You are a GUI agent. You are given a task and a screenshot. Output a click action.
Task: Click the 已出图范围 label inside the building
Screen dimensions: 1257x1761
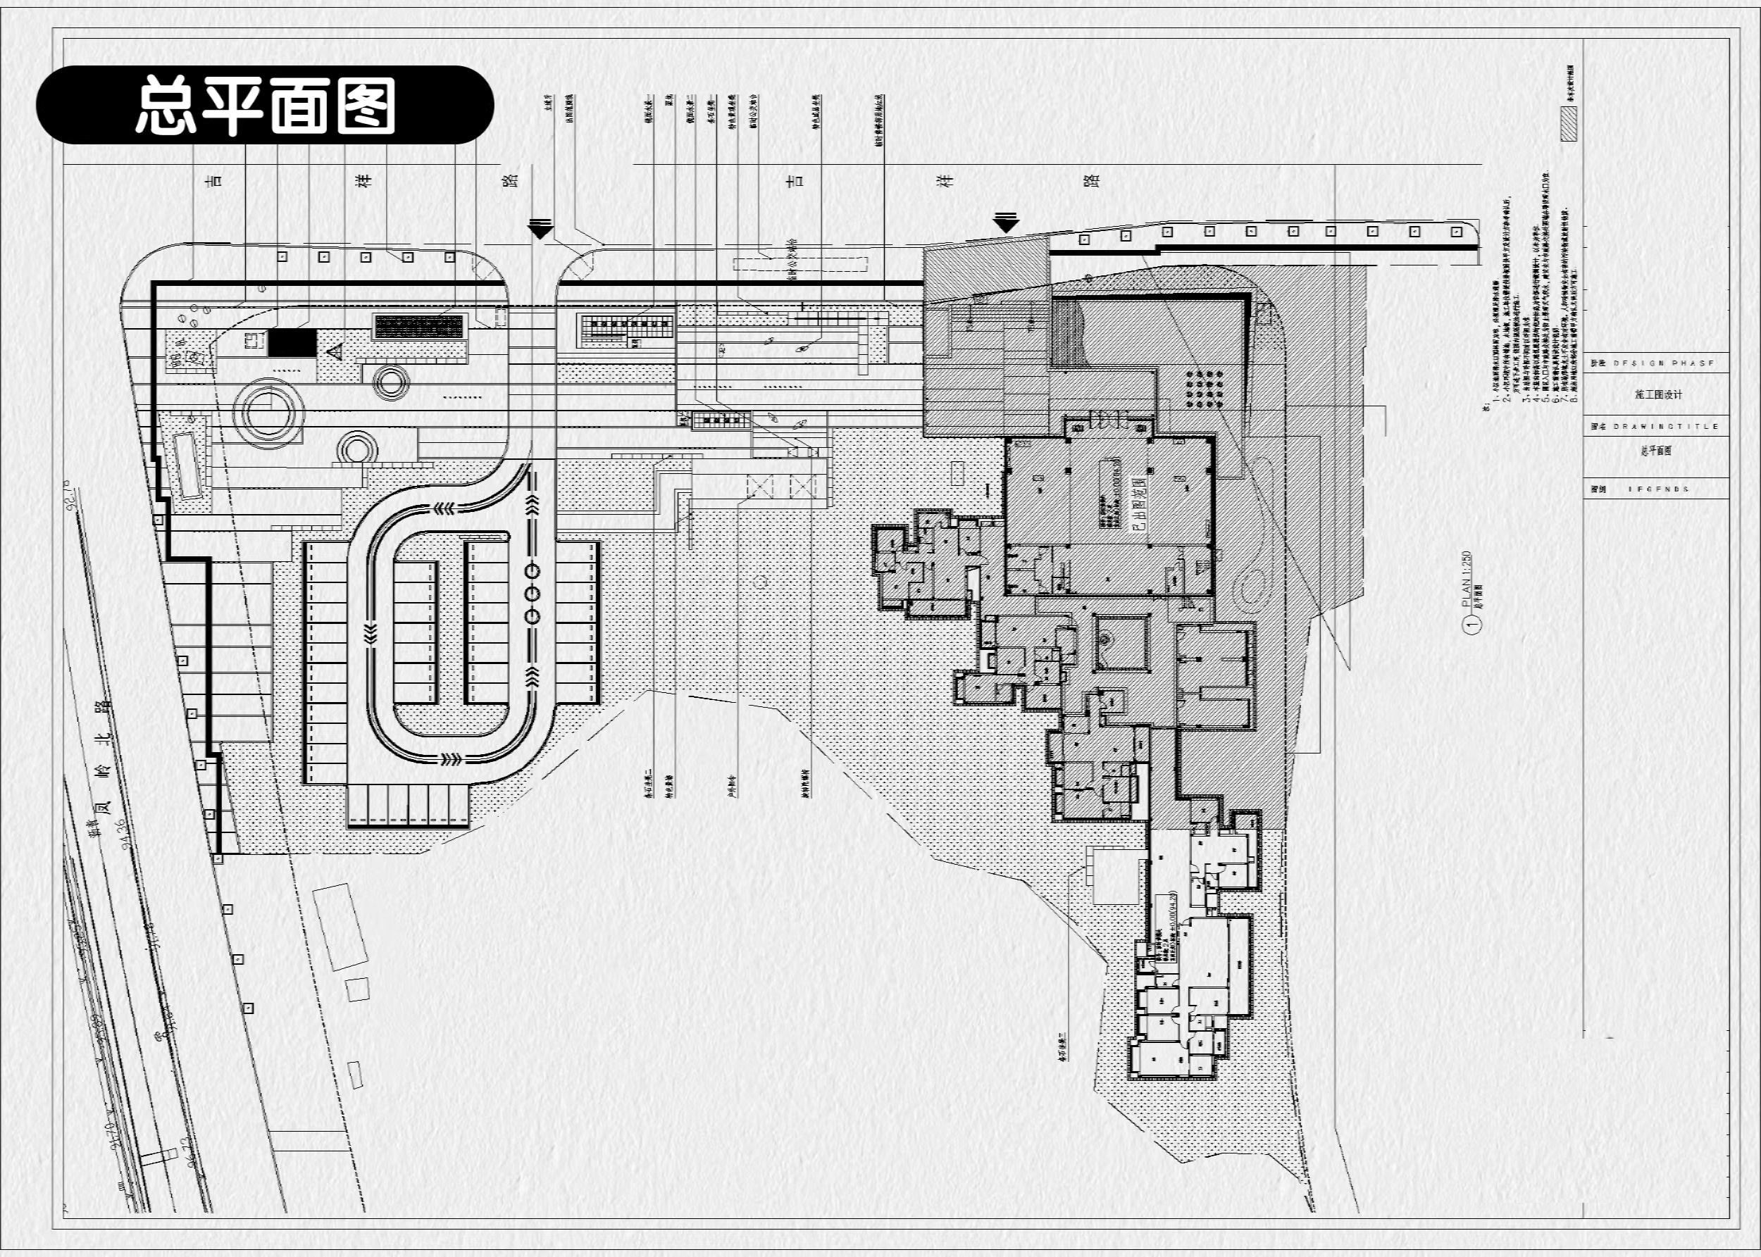1138,503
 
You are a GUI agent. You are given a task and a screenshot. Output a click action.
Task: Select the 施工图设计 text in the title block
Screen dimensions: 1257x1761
1658,395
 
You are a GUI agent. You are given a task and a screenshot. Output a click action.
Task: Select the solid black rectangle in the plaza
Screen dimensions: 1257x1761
292,342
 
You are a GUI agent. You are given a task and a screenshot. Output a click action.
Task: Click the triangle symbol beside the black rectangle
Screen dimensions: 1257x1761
335,353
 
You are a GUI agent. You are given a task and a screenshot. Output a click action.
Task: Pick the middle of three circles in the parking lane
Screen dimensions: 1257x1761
532,594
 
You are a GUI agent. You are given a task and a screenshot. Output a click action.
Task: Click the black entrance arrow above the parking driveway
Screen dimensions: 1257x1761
540,228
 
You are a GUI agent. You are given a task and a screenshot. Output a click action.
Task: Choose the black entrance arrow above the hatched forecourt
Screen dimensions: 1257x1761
1005,223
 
